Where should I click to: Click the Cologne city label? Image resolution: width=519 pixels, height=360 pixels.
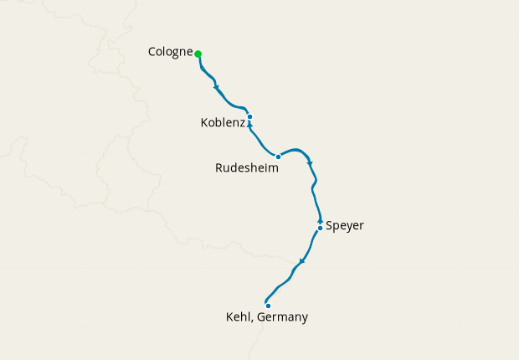coord(171,52)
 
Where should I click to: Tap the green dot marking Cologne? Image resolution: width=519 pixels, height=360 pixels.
coord(198,54)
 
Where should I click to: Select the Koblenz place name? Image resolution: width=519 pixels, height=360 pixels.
coord(223,123)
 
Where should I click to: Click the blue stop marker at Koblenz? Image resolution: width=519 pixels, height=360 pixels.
coord(250,116)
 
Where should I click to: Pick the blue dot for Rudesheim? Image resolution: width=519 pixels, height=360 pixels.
coord(278,157)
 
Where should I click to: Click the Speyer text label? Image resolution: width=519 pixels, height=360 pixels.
coord(345,225)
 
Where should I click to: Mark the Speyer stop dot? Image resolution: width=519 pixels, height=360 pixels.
coord(320,228)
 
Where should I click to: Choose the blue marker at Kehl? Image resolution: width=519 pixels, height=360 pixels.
coord(268,306)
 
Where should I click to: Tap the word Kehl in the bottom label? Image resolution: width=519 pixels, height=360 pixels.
coord(239,317)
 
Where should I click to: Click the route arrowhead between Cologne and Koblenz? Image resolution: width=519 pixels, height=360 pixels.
coord(217,87)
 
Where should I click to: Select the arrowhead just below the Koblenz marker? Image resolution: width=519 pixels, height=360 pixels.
coord(249,125)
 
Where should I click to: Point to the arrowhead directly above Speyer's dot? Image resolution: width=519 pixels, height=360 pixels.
coord(320,220)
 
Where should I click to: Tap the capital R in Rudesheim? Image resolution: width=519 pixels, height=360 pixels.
coord(219,167)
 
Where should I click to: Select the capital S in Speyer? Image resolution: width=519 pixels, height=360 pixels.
coord(329,225)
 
